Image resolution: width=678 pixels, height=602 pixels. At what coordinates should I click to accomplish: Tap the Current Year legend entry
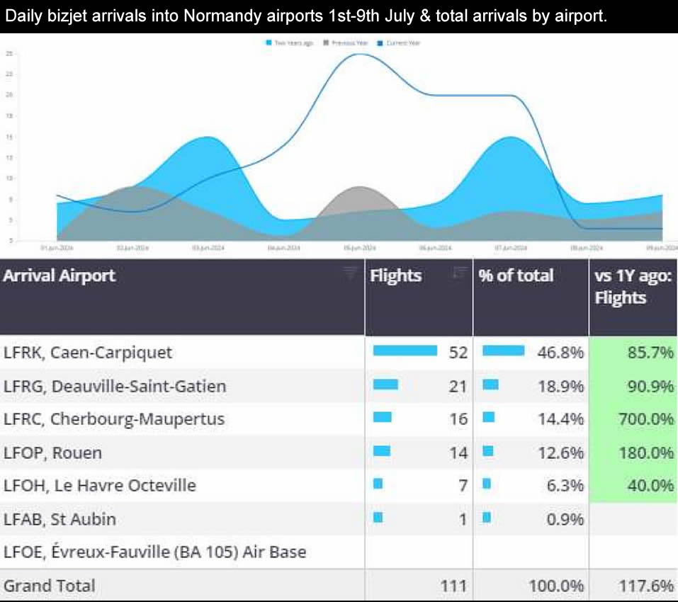[x=402, y=43]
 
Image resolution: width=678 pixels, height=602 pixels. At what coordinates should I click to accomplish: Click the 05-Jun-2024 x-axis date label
[x=360, y=248]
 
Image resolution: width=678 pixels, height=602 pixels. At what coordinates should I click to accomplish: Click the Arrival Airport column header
[x=59, y=276]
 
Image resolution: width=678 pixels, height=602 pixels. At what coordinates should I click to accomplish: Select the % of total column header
[x=516, y=276]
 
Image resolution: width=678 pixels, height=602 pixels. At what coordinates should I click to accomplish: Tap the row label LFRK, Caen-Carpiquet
[x=88, y=352]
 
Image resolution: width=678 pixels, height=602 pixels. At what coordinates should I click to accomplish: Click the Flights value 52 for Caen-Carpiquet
[x=458, y=352]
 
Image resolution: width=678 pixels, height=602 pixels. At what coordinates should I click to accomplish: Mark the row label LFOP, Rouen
[x=53, y=453]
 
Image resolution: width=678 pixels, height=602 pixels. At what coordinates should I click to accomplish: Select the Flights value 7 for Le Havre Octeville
[x=463, y=485]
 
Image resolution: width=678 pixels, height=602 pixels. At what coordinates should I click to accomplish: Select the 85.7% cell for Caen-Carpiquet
[x=650, y=352]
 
